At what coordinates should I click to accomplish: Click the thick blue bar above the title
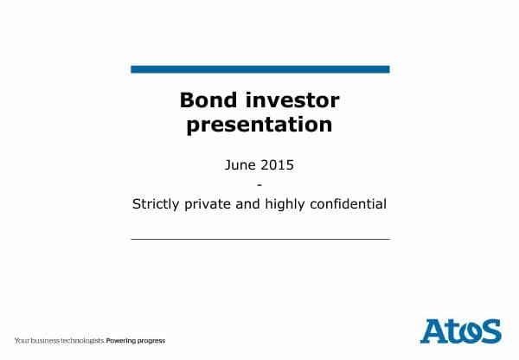(259, 69)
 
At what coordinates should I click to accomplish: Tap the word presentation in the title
(259, 125)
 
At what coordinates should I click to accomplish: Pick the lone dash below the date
(259, 183)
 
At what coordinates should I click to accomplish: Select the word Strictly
(157, 205)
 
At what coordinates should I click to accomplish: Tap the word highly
(293, 205)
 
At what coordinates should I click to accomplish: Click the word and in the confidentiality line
(254, 205)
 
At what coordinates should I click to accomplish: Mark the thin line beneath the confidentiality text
(259, 238)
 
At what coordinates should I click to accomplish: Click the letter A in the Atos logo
(433, 331)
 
